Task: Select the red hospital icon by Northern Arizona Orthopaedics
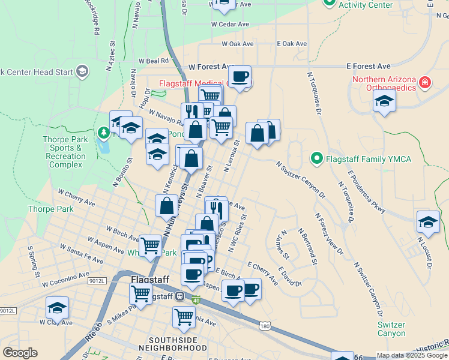pos(425,82)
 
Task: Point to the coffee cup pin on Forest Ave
pos(240,77)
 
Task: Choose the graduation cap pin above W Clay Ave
pos(58,308)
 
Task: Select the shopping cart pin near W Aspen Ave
pos(150,245)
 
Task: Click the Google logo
pos(20,353)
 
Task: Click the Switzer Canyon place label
pos(391,329)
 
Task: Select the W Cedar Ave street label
pos(229,25)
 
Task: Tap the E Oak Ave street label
pos(292,44)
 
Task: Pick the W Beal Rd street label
pos(153,61)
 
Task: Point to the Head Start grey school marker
pos(82,73)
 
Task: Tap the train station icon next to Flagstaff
pos(179,296)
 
